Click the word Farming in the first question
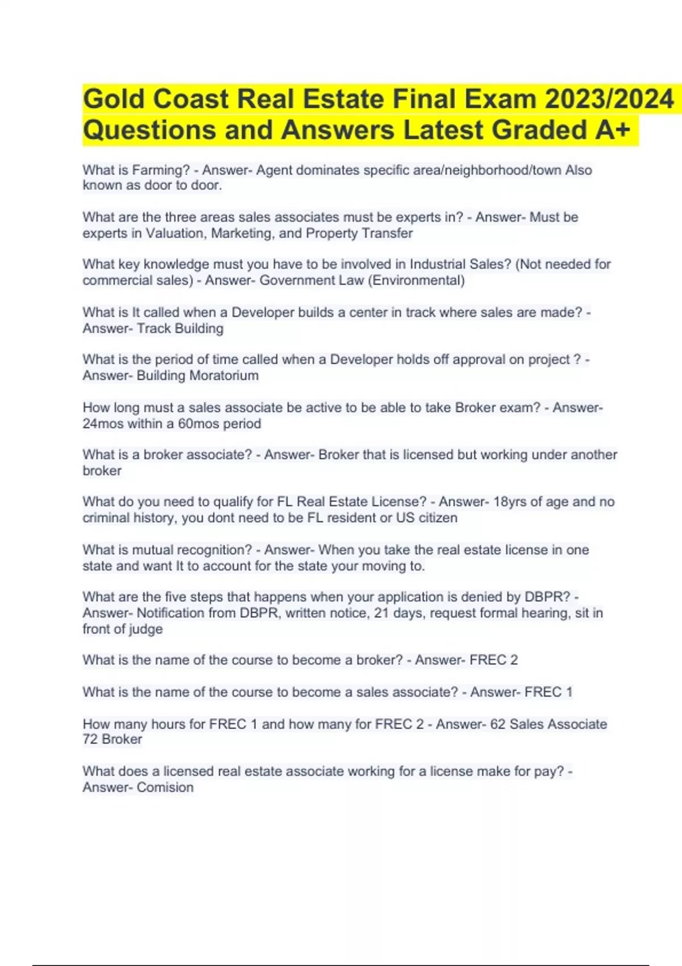161,170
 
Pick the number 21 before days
381,613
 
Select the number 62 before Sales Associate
498,724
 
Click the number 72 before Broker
90,739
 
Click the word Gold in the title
114,99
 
